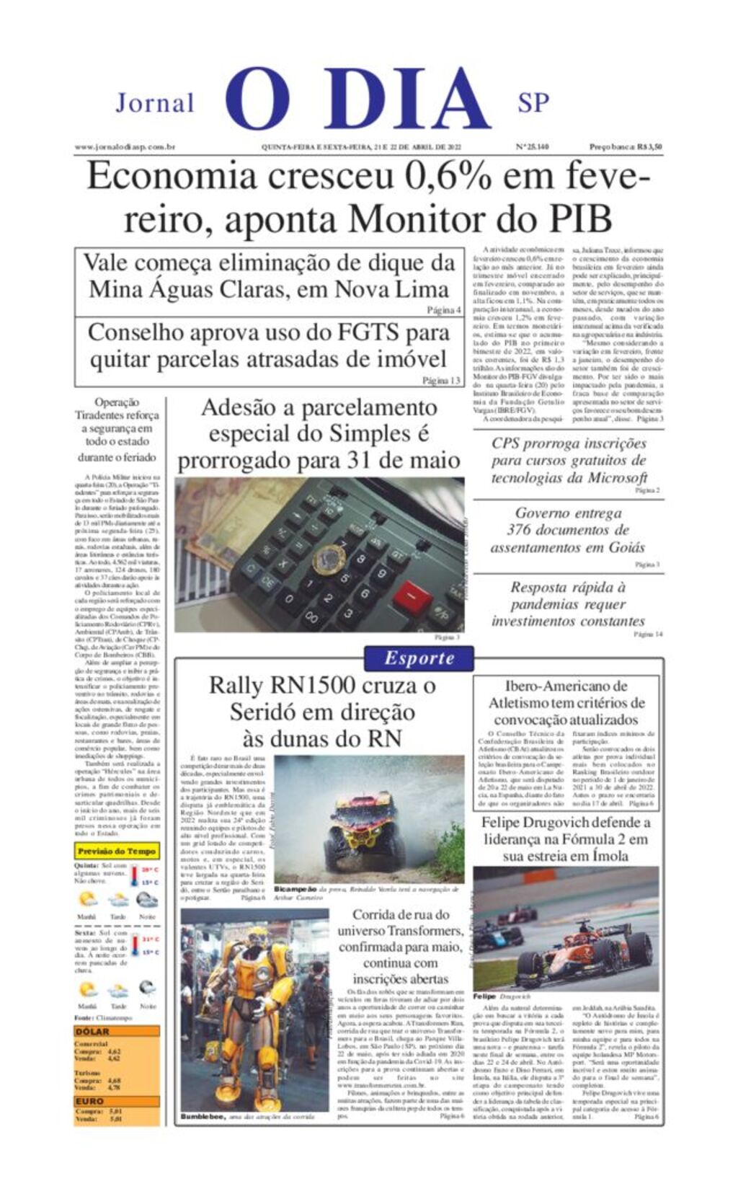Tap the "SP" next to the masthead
[x=533, y=103]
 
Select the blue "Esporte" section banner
[x=419, y=658]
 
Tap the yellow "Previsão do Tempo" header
[x=117, y=852]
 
